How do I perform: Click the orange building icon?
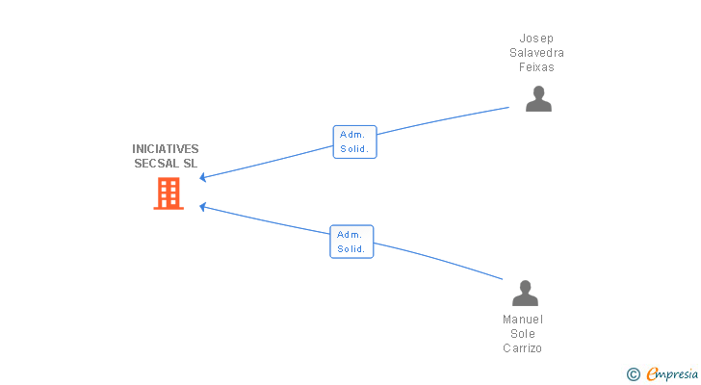(x=169, y=193)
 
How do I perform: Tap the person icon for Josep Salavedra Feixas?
(x=538, y=99)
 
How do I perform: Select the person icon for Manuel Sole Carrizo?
(x=524, y=293)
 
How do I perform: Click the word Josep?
(x=536, y=38)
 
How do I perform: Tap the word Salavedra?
(x=536, y=53)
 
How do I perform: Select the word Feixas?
(x=536, y=67)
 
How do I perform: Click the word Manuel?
(x=523, y=320)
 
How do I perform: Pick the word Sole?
(x=523, y=334)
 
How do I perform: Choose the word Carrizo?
(x=523, y=348)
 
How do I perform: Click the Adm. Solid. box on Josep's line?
(x=354, y=142)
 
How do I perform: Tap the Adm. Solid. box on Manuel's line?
(x=351, y=242)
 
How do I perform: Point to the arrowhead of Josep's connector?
(x=202, y=178)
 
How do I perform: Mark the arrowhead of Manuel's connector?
(x=202, y=205)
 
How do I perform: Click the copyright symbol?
(x=634, y=374)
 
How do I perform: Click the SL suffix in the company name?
(x=190, y=164)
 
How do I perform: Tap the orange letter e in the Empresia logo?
(x=652, y=374)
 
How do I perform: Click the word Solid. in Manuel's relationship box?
(x=351, y=249)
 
